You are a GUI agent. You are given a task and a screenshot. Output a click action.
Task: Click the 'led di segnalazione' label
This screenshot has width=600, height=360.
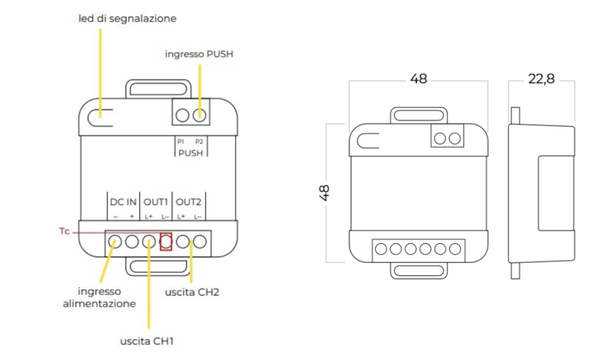click(x=127, y=19)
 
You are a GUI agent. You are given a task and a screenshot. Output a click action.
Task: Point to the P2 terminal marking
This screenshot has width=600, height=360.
click(x=199, y=141)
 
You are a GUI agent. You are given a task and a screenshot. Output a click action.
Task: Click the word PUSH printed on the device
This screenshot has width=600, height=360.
click(x=190, y=153)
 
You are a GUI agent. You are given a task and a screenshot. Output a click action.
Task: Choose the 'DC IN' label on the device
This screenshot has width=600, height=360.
click(x=123, y=202)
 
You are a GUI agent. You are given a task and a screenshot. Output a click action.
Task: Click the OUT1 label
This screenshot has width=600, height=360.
click(x=156, y=202)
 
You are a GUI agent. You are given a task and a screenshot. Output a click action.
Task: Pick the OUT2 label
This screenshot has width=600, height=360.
click(x=189, y=202)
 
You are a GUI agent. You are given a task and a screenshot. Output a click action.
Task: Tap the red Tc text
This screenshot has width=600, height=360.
click(x=64, y=232)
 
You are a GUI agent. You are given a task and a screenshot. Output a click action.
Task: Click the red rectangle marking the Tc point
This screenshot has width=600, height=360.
click(x=166, y=241)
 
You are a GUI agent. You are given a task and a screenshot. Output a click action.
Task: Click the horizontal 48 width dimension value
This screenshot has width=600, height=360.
click(x=418, y=79)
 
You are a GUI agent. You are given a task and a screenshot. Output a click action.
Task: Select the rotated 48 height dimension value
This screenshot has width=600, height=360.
click(x=325, y=193)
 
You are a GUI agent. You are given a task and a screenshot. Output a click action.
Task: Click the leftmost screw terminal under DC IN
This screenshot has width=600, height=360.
click(x=114, y=241)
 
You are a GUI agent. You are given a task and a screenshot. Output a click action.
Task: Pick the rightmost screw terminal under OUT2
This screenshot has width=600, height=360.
click(x=200, y=241)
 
